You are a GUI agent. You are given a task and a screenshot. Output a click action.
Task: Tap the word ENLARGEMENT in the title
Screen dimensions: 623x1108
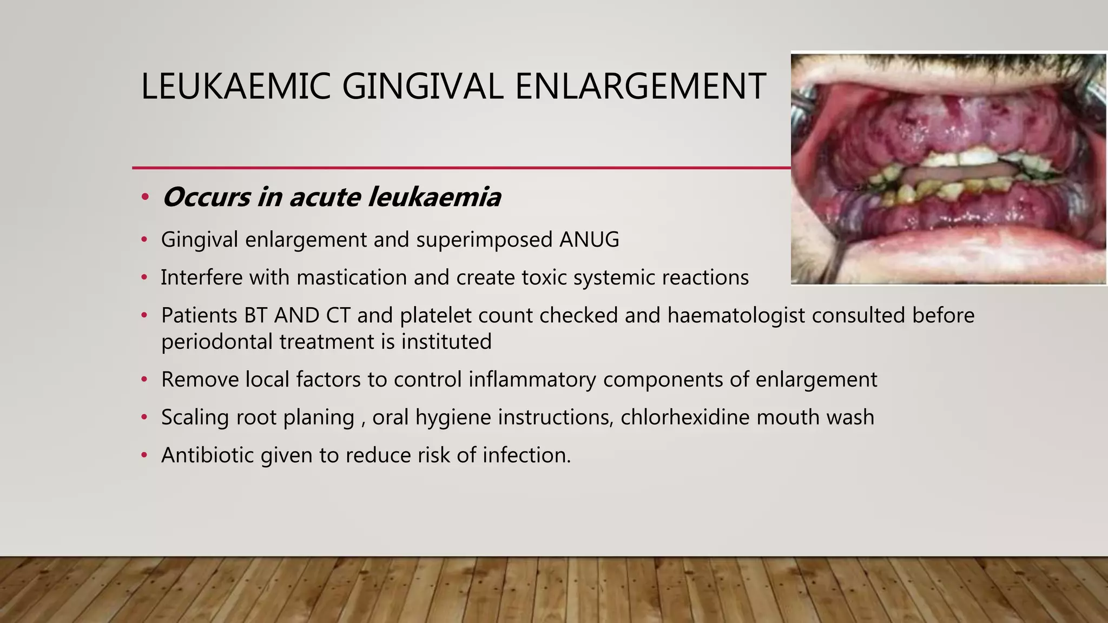(x=640, y=87)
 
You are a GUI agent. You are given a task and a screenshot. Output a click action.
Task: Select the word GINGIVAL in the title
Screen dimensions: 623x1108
(x=423, y=87)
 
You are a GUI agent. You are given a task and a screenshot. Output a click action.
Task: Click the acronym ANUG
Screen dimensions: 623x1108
(x=589, y=240)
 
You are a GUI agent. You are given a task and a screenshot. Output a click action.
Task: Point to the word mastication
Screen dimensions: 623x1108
(x=351, y=277)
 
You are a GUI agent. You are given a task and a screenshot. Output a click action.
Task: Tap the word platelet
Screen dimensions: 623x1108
(x=434, y=315)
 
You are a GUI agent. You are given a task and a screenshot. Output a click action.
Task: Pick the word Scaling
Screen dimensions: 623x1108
(x=195, y=417)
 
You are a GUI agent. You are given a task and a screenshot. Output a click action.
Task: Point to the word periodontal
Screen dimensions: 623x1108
(x=216, y=342)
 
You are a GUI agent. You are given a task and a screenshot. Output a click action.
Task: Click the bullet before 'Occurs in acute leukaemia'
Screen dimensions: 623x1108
(x=144, y=197)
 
